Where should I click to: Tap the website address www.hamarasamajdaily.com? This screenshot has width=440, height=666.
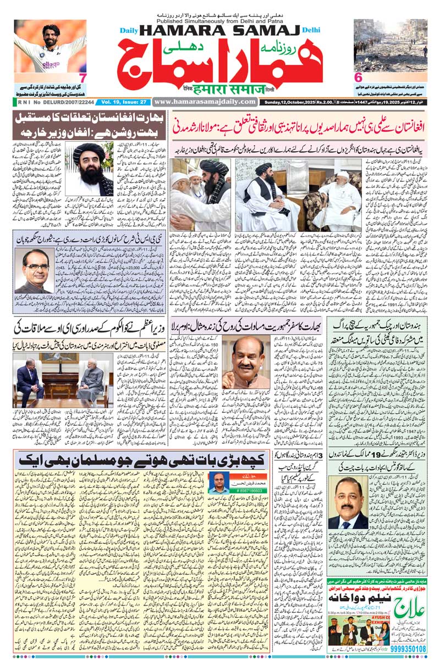pos(204,102)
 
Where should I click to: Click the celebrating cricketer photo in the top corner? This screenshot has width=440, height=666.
pos(50,47)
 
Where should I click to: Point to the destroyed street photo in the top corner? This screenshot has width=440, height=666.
pos(390,46)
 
